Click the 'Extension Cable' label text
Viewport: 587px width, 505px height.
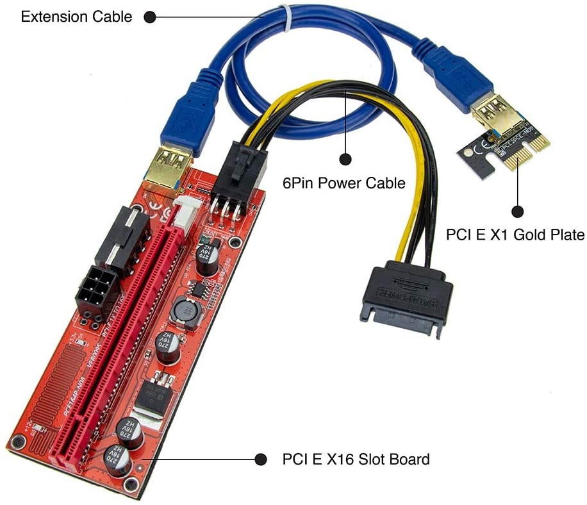tap(76, 17)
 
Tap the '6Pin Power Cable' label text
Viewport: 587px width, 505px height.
tap(344, 183)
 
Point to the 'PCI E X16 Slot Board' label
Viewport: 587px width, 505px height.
tap(356, 459)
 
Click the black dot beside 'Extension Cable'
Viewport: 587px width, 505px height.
tap(149, 17)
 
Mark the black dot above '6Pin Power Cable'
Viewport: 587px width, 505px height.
tap(345, 159)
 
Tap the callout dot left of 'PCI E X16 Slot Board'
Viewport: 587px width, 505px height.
tap(261, 459)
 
